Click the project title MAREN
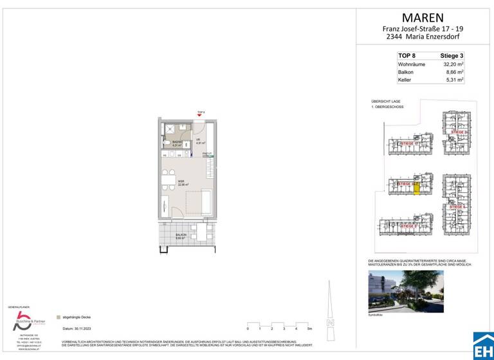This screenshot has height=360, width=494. (422, 17)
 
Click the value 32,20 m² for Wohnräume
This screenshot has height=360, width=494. (453, 65)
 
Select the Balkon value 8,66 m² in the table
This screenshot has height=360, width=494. (454, 73)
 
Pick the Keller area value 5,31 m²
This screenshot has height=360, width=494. (454, 80)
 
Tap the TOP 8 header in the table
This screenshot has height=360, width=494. (407, 57)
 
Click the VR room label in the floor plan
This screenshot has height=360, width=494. (198, 142)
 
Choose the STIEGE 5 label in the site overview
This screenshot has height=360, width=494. (408, 226)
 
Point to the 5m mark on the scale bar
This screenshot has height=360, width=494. (310, 328)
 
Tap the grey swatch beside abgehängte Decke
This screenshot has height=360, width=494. (59, 317)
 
